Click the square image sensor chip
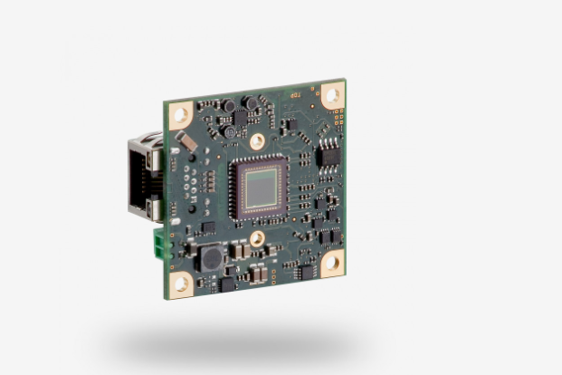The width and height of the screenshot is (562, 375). click(x=260, y=187)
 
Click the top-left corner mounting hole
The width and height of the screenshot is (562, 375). click(x=179, y=114)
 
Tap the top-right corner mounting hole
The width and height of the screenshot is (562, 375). click(x=332, y=94)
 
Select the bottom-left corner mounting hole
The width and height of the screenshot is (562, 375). click(x=181, y=283)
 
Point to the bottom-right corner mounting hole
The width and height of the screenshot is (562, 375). click(x=331, y=262)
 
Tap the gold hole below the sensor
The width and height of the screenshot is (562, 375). click(x=258, y=238)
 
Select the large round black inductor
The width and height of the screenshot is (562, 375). click(x=212, y=258)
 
